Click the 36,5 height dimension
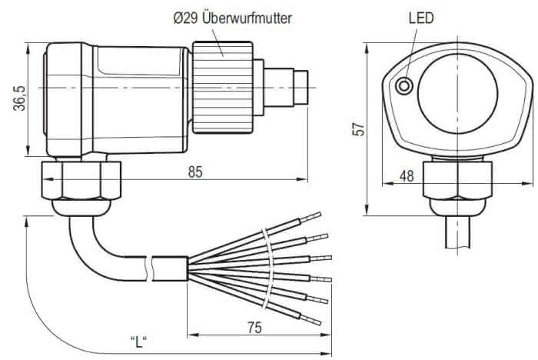click(19, 98)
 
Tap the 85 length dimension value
click(195, 172)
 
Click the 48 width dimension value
click(407, 175)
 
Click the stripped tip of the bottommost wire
click(314, 318)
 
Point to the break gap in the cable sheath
click(154, 268)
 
